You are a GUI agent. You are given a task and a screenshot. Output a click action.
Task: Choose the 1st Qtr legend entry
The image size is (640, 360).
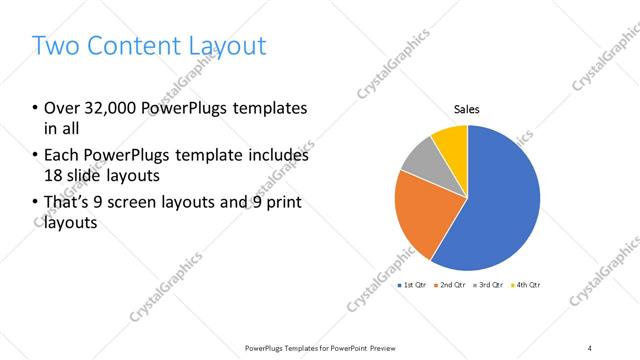point(414,285)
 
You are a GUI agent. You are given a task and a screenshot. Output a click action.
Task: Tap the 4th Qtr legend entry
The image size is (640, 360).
point(528,285)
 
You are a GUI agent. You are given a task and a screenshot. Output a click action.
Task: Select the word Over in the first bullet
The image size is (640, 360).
point(62,108)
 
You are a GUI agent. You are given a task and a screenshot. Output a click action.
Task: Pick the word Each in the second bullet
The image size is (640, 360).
point(62,155)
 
